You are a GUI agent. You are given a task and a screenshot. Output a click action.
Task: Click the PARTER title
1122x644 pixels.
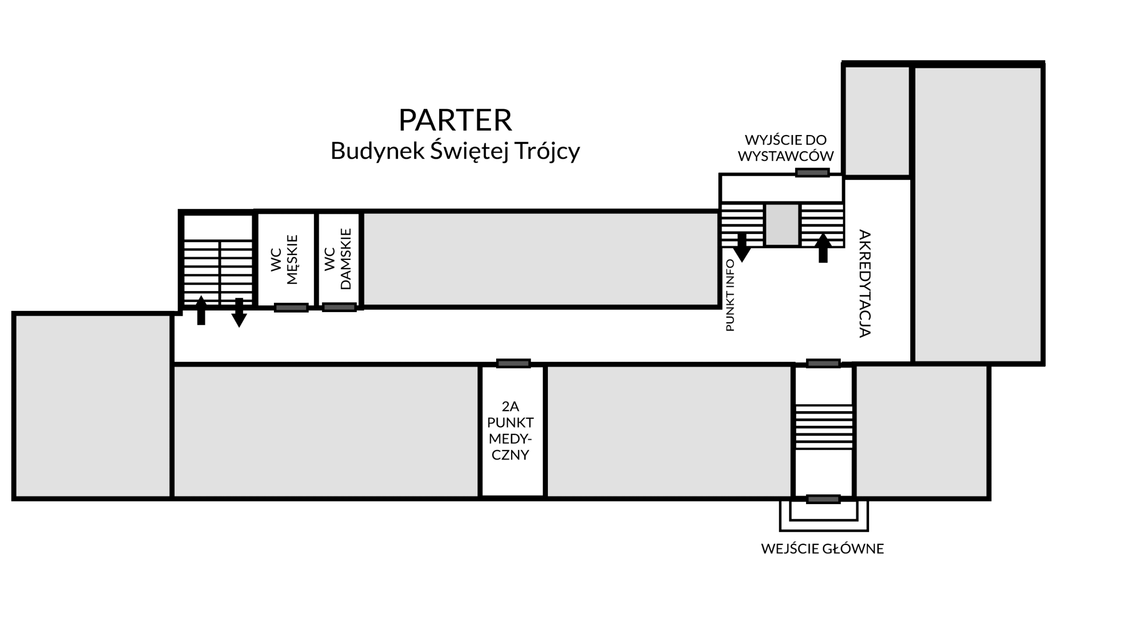point(455,120)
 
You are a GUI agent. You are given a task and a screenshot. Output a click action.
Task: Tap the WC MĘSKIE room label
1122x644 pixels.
point(284,260)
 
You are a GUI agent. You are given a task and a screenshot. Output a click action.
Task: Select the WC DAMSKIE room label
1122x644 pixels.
point(338,259)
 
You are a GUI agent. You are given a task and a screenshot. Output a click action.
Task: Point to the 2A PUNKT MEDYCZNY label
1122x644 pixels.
point(511,431)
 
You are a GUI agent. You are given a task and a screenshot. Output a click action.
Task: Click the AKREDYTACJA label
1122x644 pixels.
point(865,284)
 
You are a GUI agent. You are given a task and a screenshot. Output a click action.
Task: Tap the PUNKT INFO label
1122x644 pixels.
point(730,295)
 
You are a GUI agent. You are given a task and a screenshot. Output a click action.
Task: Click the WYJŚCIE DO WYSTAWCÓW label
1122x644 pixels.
point(785,148)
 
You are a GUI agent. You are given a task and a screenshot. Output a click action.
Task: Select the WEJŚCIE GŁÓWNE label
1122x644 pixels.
point(822,549)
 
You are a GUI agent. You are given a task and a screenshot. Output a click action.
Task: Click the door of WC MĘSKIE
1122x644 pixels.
point(291,307)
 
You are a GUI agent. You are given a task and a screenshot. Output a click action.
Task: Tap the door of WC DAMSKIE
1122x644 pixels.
point(339,307)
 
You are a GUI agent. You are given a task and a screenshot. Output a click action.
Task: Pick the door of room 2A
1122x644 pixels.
point(513,363)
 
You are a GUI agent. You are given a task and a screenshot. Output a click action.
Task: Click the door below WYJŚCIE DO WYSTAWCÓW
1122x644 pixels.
point(812,172)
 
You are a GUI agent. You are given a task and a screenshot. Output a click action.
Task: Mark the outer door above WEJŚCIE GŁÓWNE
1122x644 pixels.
point(823,499)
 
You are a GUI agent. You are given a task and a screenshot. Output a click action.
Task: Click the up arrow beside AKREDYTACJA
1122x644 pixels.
point(823,248)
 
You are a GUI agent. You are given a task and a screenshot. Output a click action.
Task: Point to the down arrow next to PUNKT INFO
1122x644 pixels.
point(742,248)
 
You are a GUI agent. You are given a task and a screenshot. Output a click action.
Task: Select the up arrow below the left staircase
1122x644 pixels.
point(201,310)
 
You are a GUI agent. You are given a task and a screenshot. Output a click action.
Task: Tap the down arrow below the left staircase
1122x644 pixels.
point(239,313)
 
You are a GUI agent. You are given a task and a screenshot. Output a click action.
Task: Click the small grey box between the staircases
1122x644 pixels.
point(782,224)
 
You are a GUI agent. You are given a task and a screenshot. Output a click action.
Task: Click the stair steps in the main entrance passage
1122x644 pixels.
point(824,427)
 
